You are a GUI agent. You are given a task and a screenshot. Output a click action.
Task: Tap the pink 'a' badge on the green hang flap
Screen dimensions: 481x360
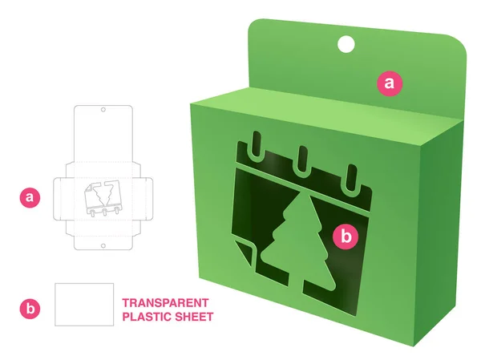coord(390,82)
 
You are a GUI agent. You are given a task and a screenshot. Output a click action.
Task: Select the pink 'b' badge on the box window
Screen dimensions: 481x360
coord(346,236)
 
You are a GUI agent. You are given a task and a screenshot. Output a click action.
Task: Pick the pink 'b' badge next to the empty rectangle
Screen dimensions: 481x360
coord(30,307)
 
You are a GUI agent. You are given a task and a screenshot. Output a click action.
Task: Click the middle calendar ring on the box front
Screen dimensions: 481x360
coord(303,160)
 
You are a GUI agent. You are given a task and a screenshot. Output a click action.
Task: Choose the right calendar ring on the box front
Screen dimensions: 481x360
coord(350,177)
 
